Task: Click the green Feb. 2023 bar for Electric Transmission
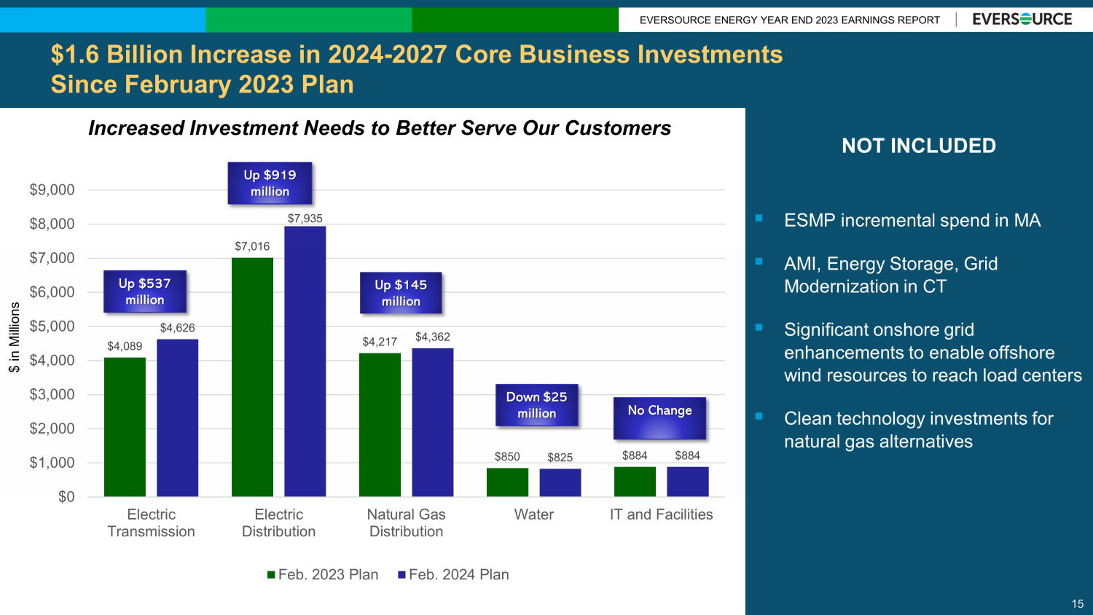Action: [125, 427]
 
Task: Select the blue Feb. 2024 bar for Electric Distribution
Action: [305, 361]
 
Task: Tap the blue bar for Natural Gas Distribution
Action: [432, 423]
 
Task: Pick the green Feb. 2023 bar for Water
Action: [507, 482]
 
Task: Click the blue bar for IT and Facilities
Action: [687, 482]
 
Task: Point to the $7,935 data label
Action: [305, 219]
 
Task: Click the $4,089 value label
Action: [125, 346]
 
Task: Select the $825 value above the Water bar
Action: [560, 458]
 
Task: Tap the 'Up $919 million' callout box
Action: [270, 183]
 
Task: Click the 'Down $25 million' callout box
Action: [536, 405]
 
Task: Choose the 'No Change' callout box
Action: [659, 418]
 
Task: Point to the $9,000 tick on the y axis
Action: [52, 190]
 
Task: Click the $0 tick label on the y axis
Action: [66, 497]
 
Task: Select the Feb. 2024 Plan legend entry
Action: [453, 575]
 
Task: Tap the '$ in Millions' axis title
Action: [15, 337]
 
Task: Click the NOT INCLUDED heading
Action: [918, 146]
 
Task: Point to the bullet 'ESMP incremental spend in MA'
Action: [912, 221]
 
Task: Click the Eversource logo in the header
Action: [1022, 20]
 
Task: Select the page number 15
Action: [1077, 604]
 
